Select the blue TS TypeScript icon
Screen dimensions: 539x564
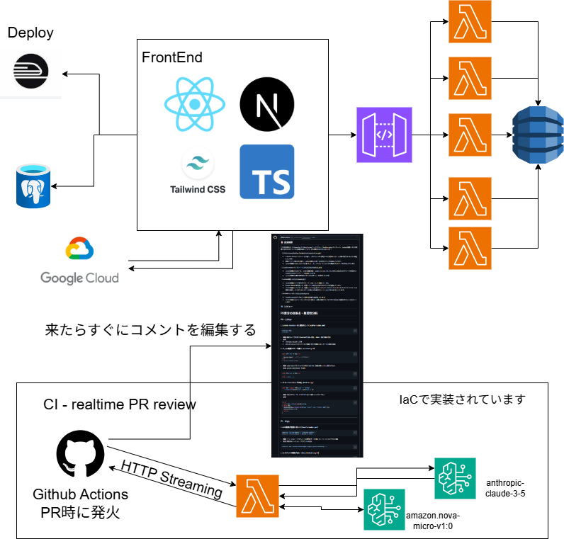click(x=266, y=171)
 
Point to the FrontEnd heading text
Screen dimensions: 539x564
click(x=172, y=57)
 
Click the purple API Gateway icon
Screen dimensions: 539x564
click(x=384, y=135)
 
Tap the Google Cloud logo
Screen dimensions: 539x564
click(x=79, y=260)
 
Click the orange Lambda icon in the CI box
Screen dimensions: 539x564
click(x=258, y=497)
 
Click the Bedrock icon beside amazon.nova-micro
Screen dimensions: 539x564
click(x=384, y=509)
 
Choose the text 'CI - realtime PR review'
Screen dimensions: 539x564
click(x=120, y=404)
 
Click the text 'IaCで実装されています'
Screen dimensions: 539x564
click(x=462, y=399)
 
